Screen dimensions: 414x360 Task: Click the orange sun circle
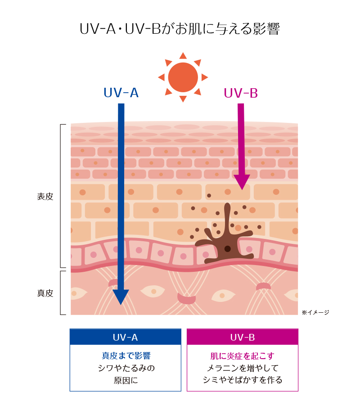183,77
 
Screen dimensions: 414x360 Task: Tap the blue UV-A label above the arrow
121,93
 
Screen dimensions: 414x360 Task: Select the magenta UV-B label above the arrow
240,93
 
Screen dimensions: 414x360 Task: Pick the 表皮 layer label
45,197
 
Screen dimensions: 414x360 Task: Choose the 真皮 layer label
45,293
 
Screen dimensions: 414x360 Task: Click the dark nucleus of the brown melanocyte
228,249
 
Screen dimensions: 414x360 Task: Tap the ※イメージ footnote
315,312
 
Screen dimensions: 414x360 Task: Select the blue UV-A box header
125,337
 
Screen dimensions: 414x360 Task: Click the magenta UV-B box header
242,337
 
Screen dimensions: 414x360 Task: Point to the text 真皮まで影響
126,356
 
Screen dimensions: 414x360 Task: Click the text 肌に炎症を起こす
242,356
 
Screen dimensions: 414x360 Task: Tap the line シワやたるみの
126,368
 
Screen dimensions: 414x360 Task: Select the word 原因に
126,380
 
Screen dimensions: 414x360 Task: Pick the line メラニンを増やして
242,368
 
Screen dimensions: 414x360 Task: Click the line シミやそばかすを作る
242,380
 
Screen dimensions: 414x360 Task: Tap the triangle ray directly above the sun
183,56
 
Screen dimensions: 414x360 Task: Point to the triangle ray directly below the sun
183,99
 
